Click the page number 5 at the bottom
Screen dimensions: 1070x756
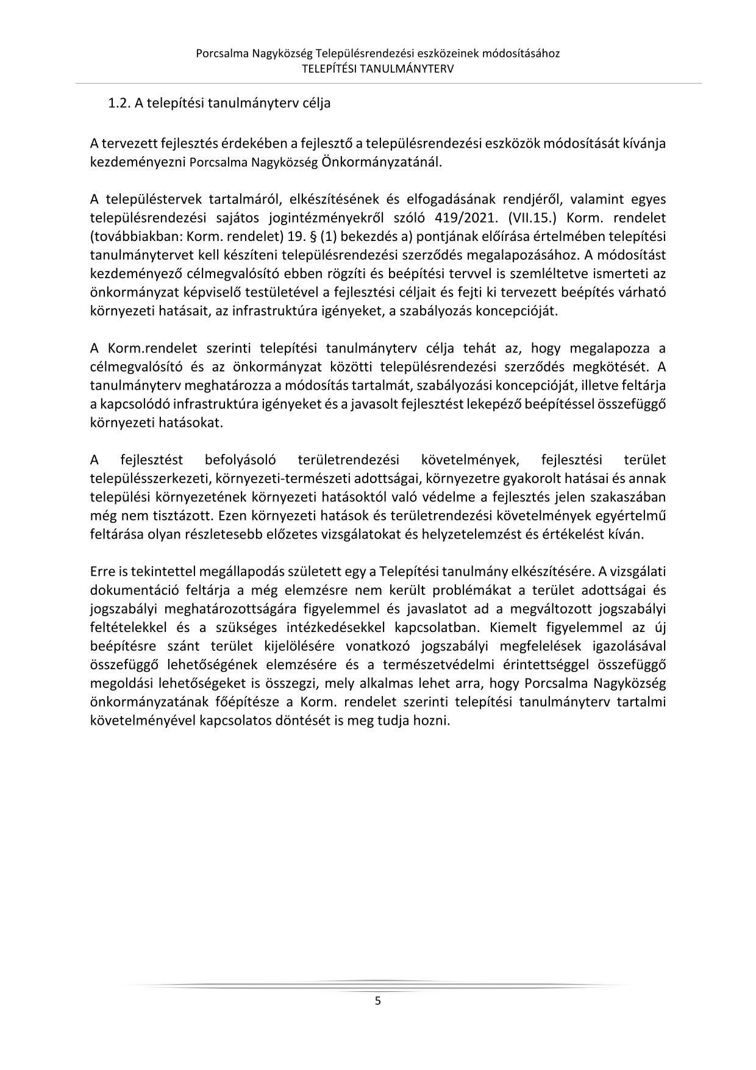[x=377, y=1000]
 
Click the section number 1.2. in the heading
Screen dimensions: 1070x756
[x=119, y=103]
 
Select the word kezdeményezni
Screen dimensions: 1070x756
[x=138, y=162]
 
